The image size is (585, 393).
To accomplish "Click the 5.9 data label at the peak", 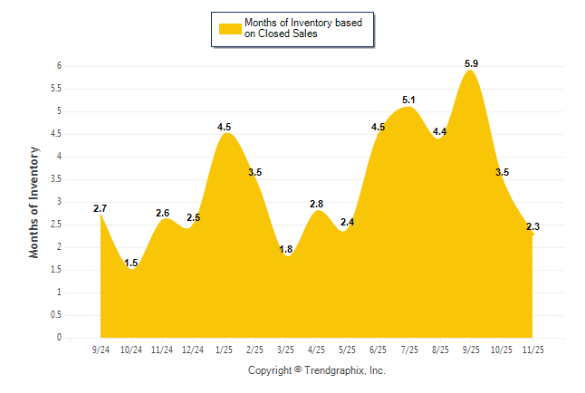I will pyautogui.click(x=471, y=63).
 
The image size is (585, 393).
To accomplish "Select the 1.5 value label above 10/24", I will pyautogui.click(x=131, y=264).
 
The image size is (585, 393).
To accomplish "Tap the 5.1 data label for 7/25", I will pyautogui.click(x=408, y=100).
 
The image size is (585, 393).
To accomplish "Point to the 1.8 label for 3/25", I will pyautogui.click(x=285, y=250).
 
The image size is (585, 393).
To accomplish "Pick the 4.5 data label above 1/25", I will pyautogui.click(x=225, y=127).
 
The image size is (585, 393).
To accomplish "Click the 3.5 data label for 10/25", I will pyautogui.click(x=502, y=172).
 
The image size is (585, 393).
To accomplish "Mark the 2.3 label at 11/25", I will pyautogui.click(x=532, y=226).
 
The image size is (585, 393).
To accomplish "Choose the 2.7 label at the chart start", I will pyautogui.click(x=101, y=209).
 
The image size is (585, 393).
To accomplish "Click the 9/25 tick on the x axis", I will pyautogui.click(x=471, y=350).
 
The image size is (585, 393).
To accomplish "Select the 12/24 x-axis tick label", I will pyautogui.click(x=193, y=350).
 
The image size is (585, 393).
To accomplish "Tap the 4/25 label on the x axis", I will pyautogui.click(x=317, y=350).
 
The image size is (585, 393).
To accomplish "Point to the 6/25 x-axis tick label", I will pyautogui.click(x=379, y=350).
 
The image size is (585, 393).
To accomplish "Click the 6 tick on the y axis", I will pyautogui.click(x=59, y=66).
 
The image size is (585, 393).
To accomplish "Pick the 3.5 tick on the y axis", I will pyautogui.click(x=56, y=179).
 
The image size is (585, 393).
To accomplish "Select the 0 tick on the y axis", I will pyautogui.click(x=59, y=338).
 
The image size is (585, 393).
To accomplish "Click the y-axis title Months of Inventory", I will pyautogui.click(x=35, y=202).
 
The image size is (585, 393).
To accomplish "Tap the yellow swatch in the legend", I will pyautogui.click(x=230, y=28).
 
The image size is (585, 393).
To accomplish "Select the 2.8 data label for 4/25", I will pyautogui.click(x=317, y=204).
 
